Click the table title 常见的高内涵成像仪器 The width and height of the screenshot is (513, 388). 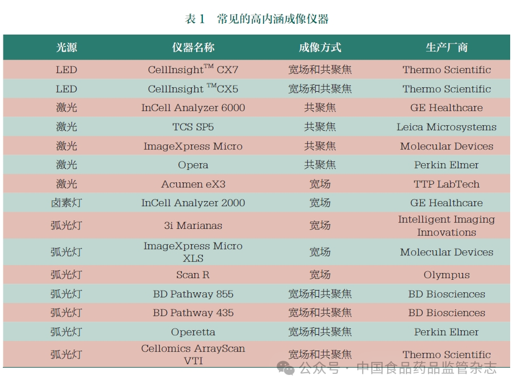[273, 19]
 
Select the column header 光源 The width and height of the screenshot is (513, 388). [66, 48]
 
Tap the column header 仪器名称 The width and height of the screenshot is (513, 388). [193, 48]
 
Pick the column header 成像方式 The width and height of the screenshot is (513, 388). [320, 48]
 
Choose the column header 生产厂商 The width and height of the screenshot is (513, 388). [447, 48]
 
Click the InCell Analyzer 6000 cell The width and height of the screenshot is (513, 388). [193, 108]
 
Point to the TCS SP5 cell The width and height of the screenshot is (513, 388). [193, 127]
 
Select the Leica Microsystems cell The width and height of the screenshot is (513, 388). [447, 127]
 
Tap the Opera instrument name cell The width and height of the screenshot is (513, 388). [193, 165]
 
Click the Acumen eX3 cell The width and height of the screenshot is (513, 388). [193, 184]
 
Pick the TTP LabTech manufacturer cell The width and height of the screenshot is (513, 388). [447, 184]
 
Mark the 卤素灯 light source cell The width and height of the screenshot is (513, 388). [66, 203]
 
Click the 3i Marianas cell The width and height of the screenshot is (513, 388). [193, 225]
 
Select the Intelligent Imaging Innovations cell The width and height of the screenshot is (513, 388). [447, 225]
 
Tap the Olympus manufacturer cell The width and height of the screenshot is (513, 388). [447, 275]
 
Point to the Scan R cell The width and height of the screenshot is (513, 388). [193, 275]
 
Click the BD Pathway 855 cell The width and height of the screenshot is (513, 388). [193, 294]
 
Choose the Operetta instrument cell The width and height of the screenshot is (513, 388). [193, 332]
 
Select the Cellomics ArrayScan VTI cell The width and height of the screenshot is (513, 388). [193, 355]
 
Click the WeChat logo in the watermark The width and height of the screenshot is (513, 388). [285, 368]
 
